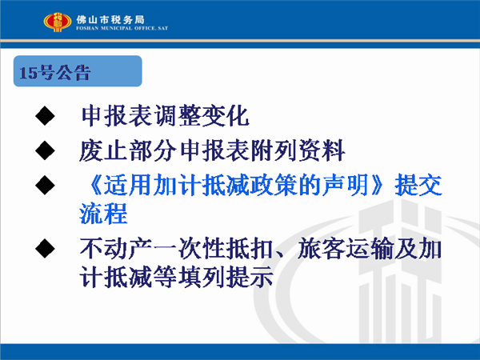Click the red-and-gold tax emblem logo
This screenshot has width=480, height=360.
pos(58,22)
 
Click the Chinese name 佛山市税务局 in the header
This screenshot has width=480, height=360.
pos(110,19)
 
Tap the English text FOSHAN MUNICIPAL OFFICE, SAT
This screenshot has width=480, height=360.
pos(122,28)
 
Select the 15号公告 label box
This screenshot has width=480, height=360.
pos(78,71)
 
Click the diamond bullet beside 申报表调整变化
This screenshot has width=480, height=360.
pos(45,116)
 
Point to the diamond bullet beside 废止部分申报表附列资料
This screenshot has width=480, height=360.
pos(45,150)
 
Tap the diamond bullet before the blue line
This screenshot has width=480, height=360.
pos(45,185)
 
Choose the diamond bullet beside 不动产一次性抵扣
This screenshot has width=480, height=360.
pos(45,248)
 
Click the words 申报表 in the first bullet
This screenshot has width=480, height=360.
pos(117,116)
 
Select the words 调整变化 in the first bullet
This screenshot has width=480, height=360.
pos(201,116)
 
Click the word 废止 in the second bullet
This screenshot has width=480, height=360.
pos(103,150)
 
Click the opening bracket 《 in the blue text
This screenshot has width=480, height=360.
pos(94,185)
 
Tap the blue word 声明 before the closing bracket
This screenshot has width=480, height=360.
pos(346,185)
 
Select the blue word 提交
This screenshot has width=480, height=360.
pos(418,185)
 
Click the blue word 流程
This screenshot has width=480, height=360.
pos(103,214)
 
